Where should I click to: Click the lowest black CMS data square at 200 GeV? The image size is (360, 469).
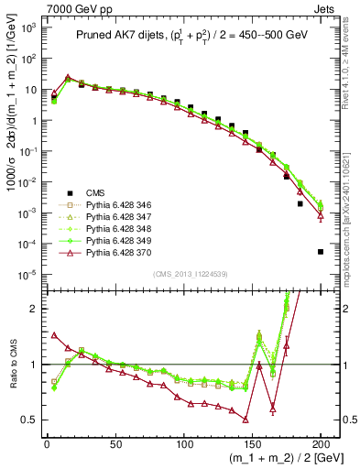click(321, 252)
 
